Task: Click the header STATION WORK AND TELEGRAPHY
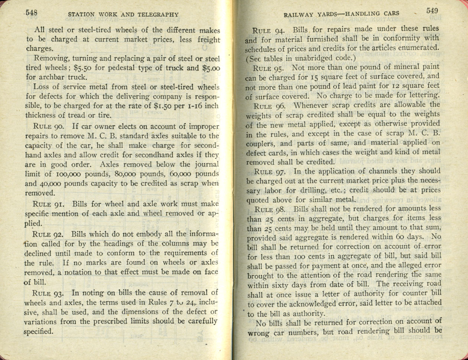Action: coord(123,15)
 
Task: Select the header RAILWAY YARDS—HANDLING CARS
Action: coord(341,14)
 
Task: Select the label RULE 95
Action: coord(268,68)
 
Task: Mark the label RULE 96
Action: coord(268,105)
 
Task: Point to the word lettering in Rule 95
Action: coord(423,95)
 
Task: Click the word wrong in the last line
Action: coord(258,333)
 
